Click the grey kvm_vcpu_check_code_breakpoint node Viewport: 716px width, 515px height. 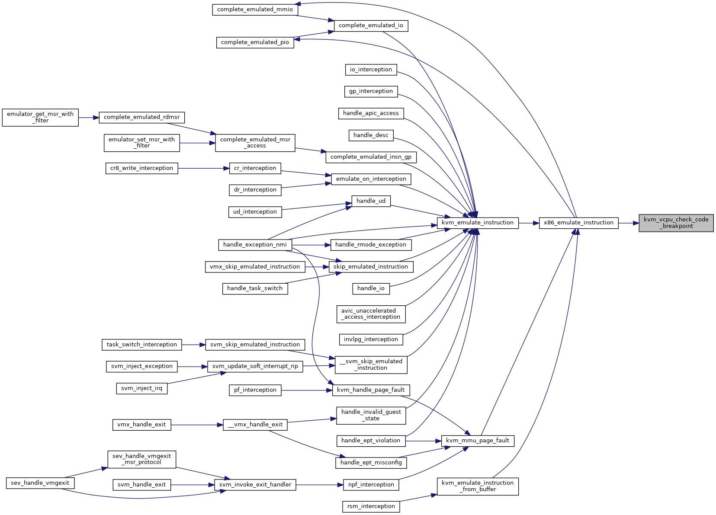click(x=676, y=223)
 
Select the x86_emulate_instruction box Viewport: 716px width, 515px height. click(x=578, y=223)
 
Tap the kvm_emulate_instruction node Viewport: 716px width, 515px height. click(x=478, y=223)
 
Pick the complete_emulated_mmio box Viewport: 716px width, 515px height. click(x=255, y=10)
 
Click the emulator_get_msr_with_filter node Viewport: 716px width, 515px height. click(x=40, y=118)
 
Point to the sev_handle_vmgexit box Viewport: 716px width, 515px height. click(x=40, y=483)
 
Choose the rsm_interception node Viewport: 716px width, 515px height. click(x=371, y=506)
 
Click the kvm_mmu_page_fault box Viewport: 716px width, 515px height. click(x=478, y=441)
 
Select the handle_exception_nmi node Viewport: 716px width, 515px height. click(x=255, y=245)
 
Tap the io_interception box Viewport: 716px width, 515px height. click(x=371, y=70)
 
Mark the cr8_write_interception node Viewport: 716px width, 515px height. click(x=141, y=168)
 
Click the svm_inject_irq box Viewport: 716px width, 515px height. click(x=141, y=388)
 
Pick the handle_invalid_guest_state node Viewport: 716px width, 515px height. click(x=371, y=416)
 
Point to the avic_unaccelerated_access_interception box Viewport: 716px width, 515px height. click(x=371, y=314)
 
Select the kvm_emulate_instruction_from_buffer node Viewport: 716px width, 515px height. click(x=478, y=486)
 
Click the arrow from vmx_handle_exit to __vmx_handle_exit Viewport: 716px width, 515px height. click(x=197, y=425)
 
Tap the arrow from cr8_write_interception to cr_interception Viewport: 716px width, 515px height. click(x=204, y=168)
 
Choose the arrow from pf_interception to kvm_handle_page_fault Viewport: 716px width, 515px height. click(x=307, y=390)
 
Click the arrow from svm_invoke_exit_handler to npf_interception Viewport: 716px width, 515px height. click(x=320, y=485)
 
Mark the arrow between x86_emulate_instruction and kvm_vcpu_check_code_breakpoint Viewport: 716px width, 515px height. click(x=629, y=223)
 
